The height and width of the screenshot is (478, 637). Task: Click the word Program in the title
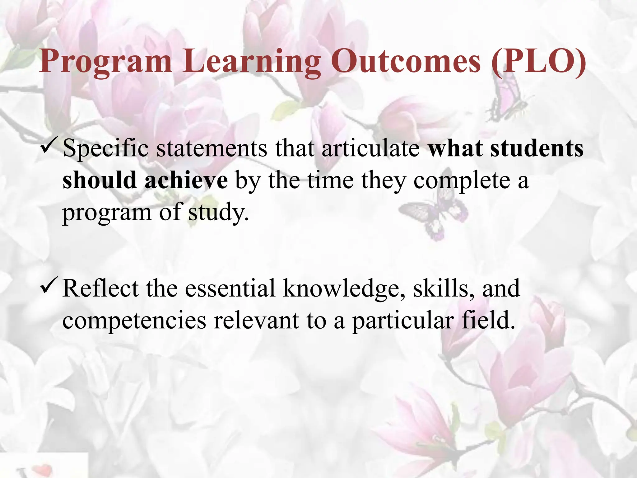point(105,62)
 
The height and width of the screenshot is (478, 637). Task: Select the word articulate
point(371,148)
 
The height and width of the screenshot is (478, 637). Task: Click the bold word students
point(537,148)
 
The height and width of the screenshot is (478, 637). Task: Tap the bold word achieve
point(186,180)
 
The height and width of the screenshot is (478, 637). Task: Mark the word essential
point(230,288)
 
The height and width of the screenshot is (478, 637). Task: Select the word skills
point(444,288)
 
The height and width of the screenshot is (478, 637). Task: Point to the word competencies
point(134,321)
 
